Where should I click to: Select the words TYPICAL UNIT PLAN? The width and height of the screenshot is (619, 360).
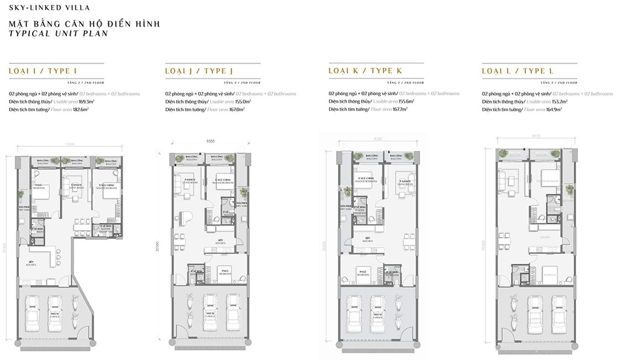point(58,34)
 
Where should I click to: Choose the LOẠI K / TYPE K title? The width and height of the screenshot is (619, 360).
point(365,71)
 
